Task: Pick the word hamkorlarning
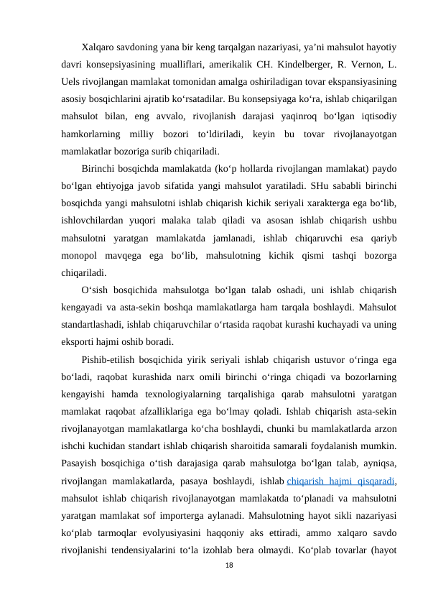pyautogui.click(x=93, y=135)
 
